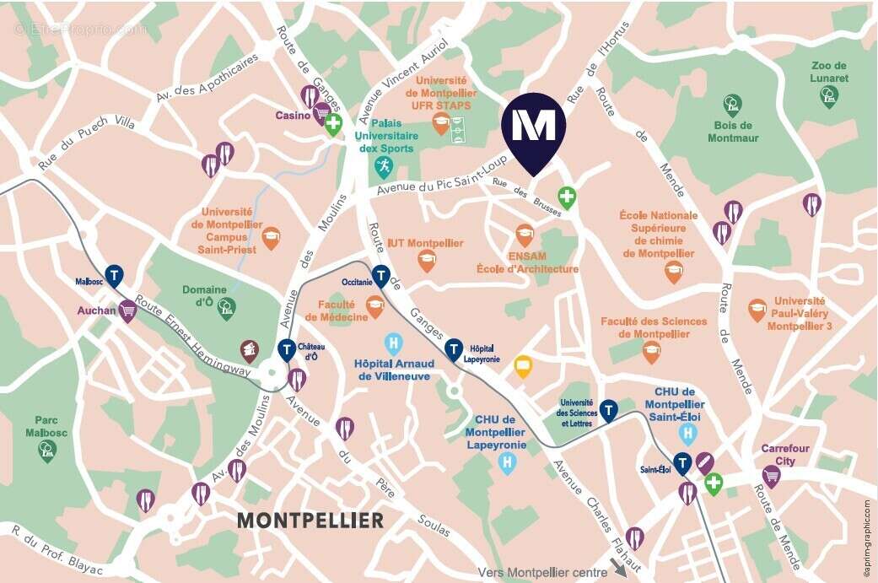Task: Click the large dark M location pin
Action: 534,127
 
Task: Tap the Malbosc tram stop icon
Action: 113,275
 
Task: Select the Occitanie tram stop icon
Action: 381,276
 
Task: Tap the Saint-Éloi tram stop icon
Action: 682,462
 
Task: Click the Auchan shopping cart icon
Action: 128,311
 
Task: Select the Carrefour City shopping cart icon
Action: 771,476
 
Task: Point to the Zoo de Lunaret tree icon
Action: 829,97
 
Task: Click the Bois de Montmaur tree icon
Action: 732,105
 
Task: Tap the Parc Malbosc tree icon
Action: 47,451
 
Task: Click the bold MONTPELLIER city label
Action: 310,520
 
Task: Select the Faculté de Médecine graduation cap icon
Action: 375,309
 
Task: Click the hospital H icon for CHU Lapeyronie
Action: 506,462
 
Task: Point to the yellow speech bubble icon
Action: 523,367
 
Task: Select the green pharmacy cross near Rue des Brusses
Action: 568,198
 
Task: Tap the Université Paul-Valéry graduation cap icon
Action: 757,310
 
